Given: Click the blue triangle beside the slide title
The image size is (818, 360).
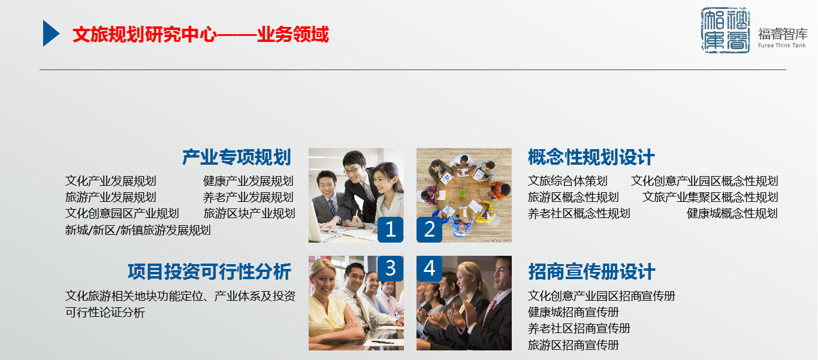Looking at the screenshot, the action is (50, 33).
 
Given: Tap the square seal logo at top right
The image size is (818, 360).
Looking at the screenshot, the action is (725, 31).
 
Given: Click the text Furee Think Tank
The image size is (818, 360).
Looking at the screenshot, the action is (782, 46).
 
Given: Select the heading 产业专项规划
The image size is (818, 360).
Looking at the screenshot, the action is (237, 158).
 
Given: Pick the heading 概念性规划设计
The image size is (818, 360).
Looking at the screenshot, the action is (591, 158).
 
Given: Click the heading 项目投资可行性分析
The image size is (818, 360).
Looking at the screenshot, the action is (209, 271).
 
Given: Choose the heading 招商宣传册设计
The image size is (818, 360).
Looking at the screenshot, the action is (591, 271).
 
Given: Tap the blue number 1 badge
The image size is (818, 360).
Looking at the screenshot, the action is (390, 229).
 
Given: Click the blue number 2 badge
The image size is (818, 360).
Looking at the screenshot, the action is (430, 229).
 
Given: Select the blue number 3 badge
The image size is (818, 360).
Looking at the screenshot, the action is (390, 268).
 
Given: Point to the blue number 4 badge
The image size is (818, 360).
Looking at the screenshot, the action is (430, 268).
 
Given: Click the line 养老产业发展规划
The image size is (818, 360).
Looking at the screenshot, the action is (248, 197).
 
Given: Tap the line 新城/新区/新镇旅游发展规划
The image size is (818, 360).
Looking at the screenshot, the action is (138, 230).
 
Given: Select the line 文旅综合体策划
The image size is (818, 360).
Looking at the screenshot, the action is (568, 181).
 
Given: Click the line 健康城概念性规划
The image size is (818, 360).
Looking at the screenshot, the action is (732, 213).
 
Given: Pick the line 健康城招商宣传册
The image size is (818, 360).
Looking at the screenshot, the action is (573, 312).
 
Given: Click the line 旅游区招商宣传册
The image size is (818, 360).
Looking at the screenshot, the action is (573, 345).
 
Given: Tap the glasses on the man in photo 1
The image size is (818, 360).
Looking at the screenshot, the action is (352, 170).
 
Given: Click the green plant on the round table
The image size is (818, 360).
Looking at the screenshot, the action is (463, 193).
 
